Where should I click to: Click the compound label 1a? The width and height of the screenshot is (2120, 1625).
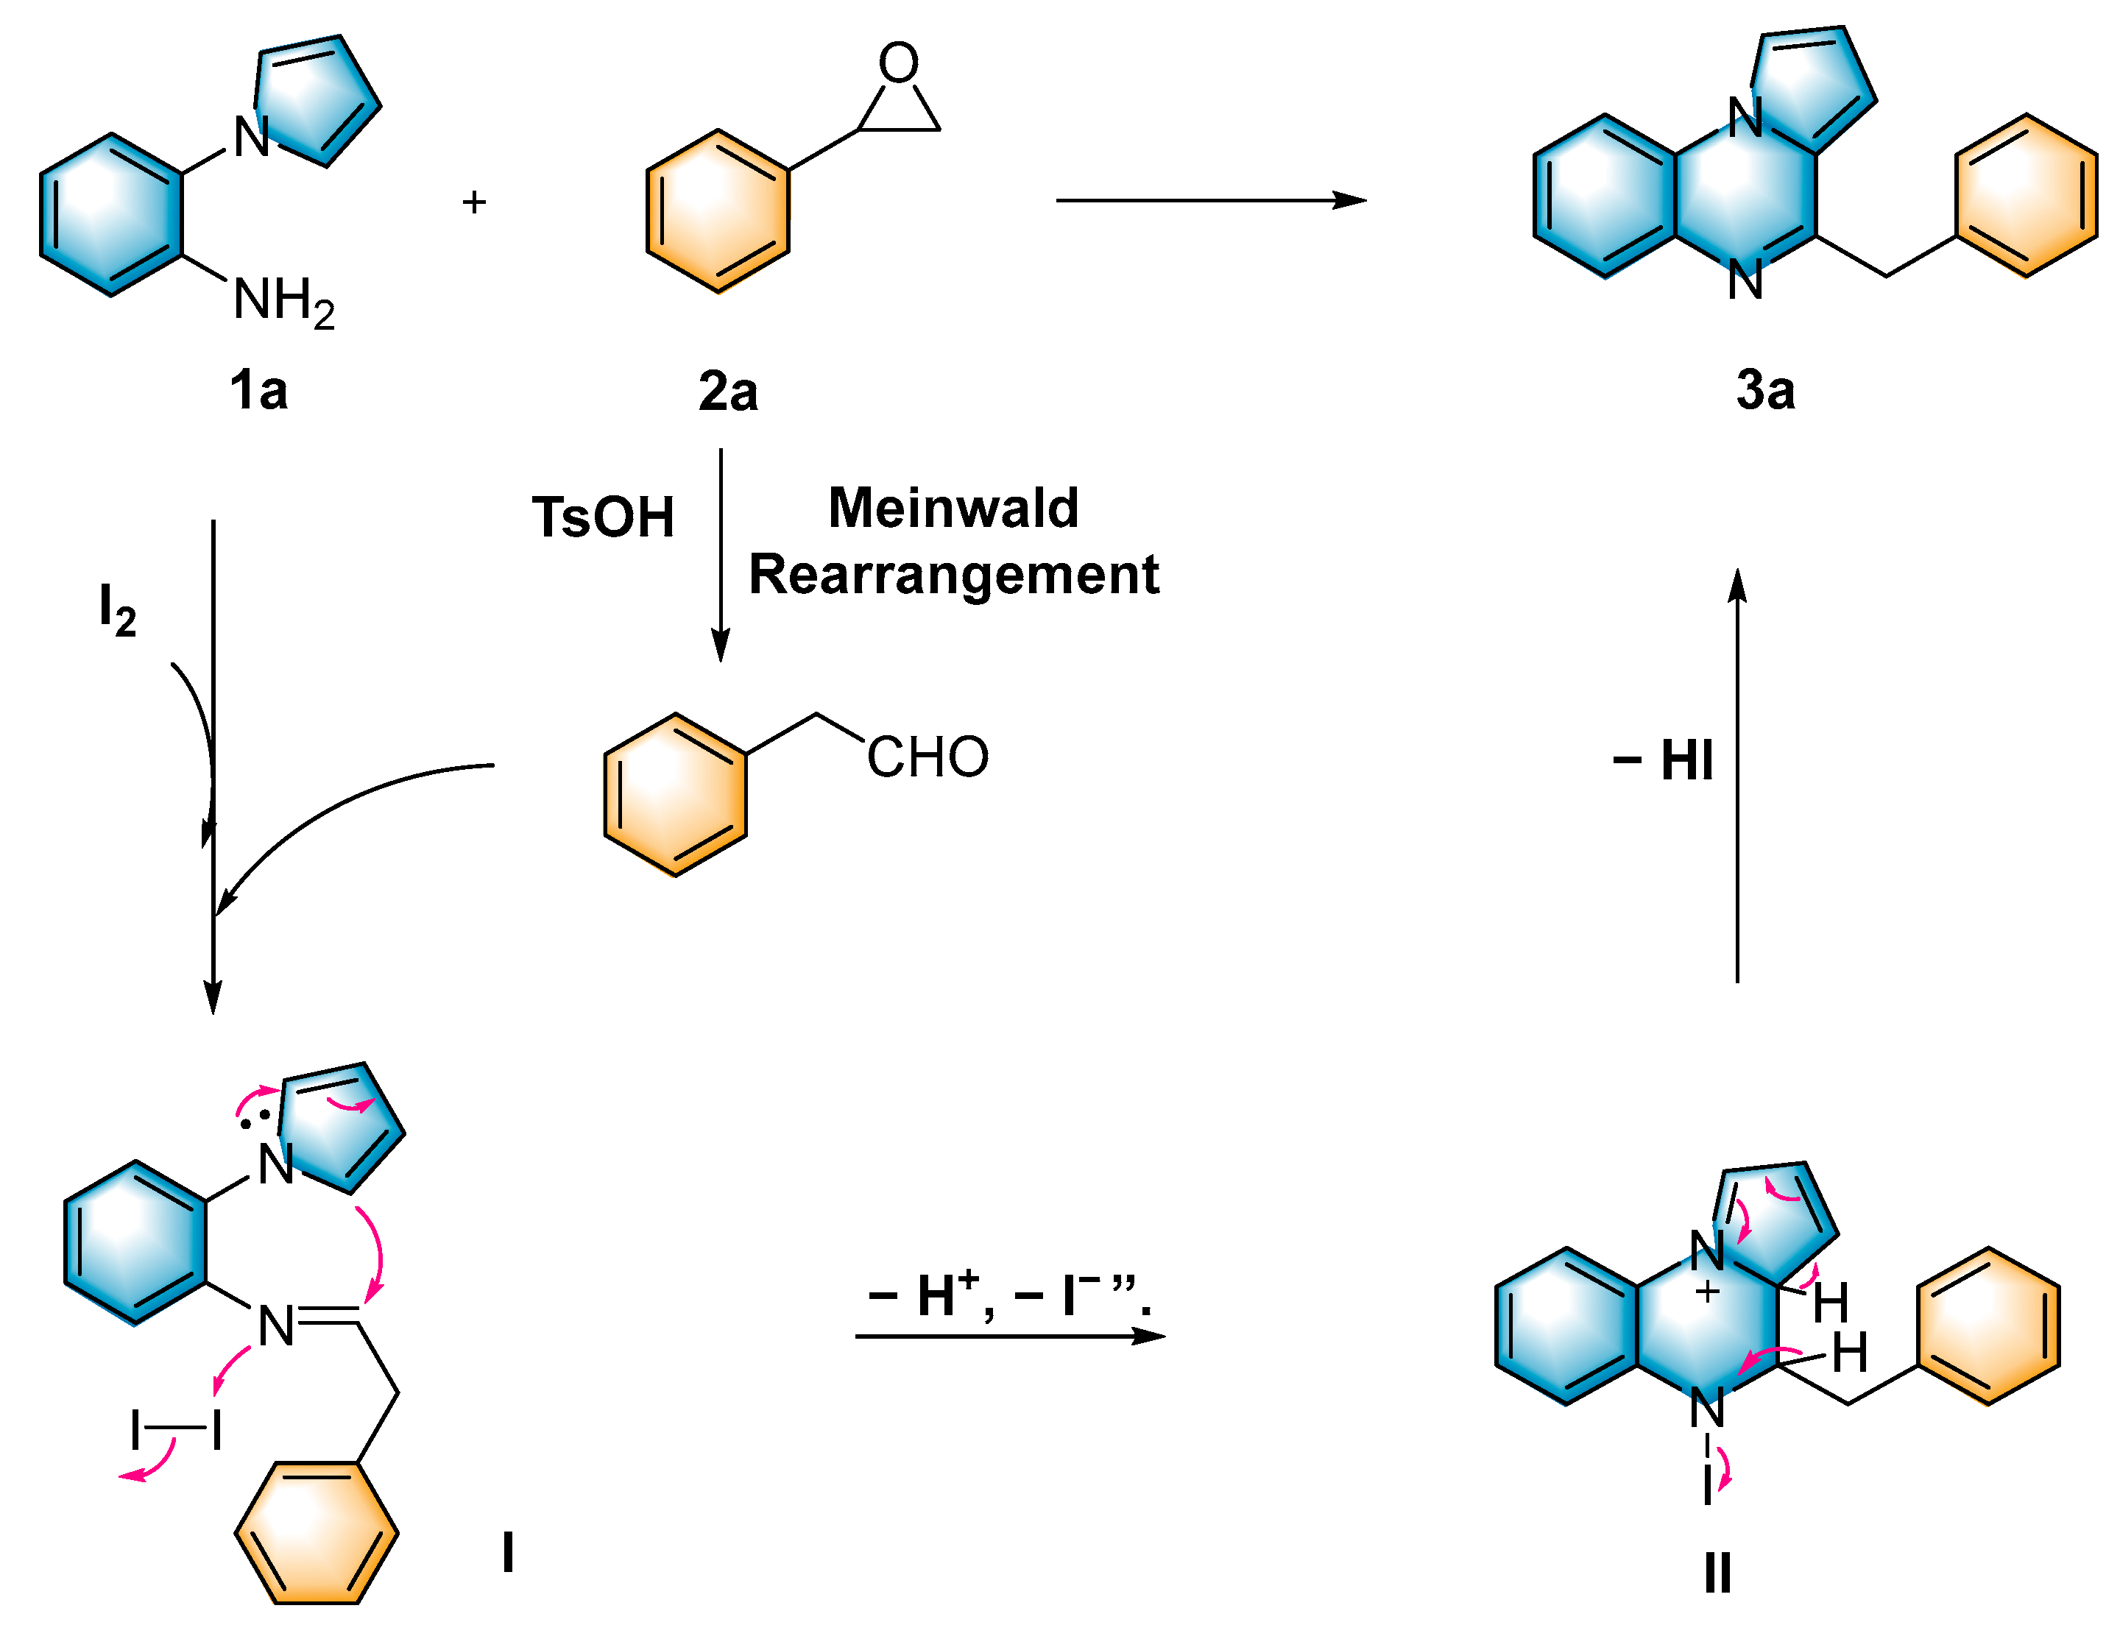pos(258,391)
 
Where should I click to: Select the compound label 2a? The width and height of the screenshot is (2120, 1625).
pos(727,391)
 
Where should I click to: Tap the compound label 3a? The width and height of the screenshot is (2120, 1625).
pos(1765,391)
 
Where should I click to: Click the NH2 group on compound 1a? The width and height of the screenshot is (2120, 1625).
pos(283,301)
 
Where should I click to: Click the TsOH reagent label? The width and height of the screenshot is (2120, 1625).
pos(603,517)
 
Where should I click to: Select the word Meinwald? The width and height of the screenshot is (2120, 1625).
pos(953,508)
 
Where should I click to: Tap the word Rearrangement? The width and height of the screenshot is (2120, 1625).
pos(953,575)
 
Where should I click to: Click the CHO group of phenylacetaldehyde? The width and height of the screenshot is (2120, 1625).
pos(927,757)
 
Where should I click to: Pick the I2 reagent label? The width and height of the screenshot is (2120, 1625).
pos(117,609)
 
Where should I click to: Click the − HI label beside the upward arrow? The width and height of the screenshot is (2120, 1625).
pos(1662,760)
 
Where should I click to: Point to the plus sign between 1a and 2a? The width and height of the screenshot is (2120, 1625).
pos(473,202)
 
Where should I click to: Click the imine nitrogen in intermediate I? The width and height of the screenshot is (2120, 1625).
pos(276,1326)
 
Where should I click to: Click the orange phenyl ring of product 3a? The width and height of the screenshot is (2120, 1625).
pos(2025,197)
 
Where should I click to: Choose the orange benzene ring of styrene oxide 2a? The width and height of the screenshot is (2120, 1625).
pos(718,212)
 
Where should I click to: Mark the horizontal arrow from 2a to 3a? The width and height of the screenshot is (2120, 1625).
pos(1209,200)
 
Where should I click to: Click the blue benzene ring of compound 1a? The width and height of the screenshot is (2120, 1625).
pos(111,215)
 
